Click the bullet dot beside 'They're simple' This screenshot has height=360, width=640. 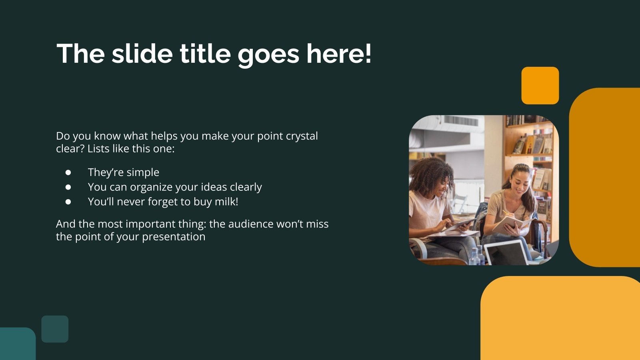[x=68, y=172]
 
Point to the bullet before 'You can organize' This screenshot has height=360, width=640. [x=68, y=187]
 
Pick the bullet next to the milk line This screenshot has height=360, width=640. [x=68, y=202]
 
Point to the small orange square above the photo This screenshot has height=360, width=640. [x=540, y=86]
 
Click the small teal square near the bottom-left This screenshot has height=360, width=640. [x=55, y=329]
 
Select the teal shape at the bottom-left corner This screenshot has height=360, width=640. [x=17, y=345]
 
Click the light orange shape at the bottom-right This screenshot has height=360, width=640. [x=560, y=320]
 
